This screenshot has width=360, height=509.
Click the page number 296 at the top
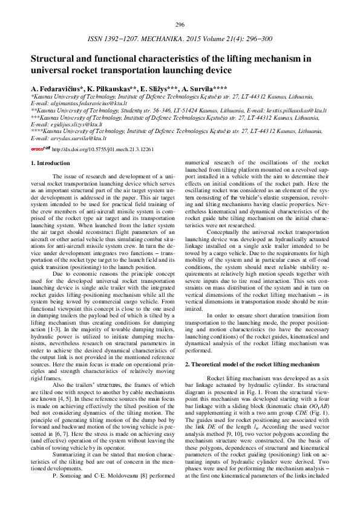[x=180, y=25]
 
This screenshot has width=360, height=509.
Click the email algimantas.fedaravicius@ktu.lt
[x=83, y=104]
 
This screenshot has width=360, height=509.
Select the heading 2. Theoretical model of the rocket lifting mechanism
[x=252, y=365]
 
